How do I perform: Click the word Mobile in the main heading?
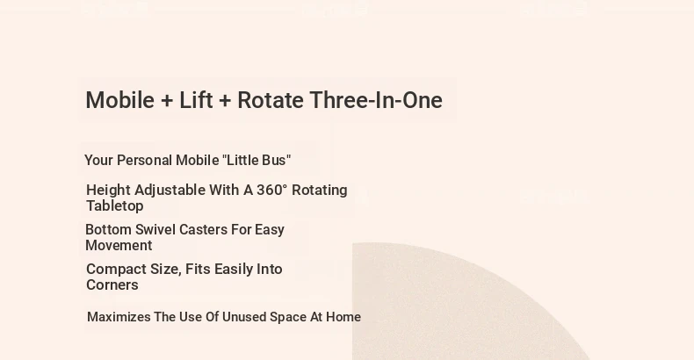tap(120, 100)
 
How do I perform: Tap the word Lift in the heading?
tap(196, 100)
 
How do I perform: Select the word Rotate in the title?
tap(271, 100)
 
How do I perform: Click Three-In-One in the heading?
tap(376, 100)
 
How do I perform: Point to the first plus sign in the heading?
tap(167, 101)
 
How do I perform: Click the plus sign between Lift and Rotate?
tap(225, 101)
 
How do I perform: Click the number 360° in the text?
tap(271, 190)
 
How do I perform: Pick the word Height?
tap(108, 191)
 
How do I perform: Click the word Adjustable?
tap(170, 191)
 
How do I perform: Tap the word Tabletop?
tap(114, 206)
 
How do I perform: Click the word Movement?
tap(119, 246)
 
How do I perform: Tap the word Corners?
tap(112, 284)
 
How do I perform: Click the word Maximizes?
tap(119, 317)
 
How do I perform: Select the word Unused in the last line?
tap(244, 317)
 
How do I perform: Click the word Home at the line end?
tap(343, 317)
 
